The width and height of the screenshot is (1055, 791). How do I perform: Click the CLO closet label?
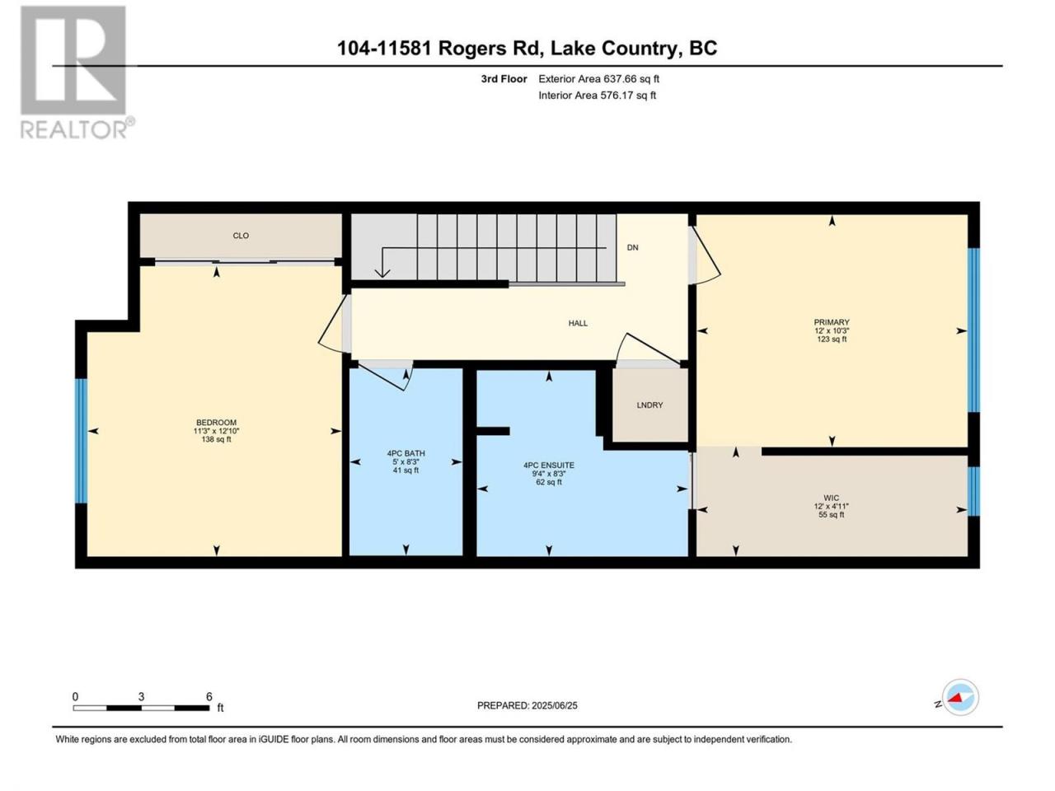[x=241, y=236]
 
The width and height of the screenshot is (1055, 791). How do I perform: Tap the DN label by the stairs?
[x=632, y=247]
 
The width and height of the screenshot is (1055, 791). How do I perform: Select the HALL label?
[x=578, y=323]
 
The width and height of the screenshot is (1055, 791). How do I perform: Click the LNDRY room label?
[x=649, y=405]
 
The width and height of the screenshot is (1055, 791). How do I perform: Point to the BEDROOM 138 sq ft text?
[x=216, y=439]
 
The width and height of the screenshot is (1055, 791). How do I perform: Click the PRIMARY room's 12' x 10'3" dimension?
[x=832, y=330]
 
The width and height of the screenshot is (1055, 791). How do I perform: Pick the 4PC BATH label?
[x=406, y=453]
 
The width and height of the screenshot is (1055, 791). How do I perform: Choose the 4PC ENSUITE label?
[x=548, y=465]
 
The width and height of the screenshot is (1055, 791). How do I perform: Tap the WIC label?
[x=831, y=498]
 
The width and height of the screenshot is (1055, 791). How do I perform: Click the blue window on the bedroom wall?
[x=82, y=441]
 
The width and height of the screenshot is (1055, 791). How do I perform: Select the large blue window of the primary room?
[x=973, y=330]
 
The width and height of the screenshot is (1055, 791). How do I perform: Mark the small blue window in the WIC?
[x=973, y=491]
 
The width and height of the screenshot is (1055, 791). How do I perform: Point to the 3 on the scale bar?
[x=141, y=696]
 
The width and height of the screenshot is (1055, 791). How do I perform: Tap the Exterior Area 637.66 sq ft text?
[x=599, y=79]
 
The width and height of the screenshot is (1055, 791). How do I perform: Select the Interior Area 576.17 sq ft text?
[x=597, y=95]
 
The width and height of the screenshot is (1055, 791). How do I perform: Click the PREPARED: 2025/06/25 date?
[x=527, y=705]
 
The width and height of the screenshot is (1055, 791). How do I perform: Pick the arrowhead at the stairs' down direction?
[x=382, y=273]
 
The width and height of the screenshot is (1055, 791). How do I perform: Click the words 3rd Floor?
[x=504, y=79]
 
